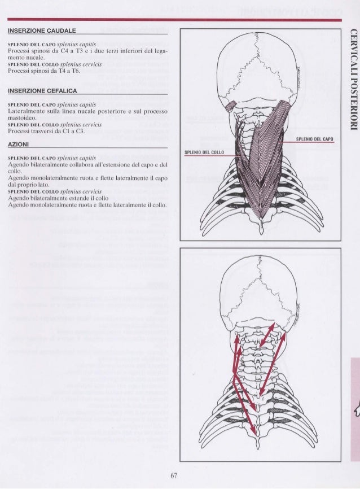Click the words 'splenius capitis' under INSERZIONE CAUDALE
coord(82,43)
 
